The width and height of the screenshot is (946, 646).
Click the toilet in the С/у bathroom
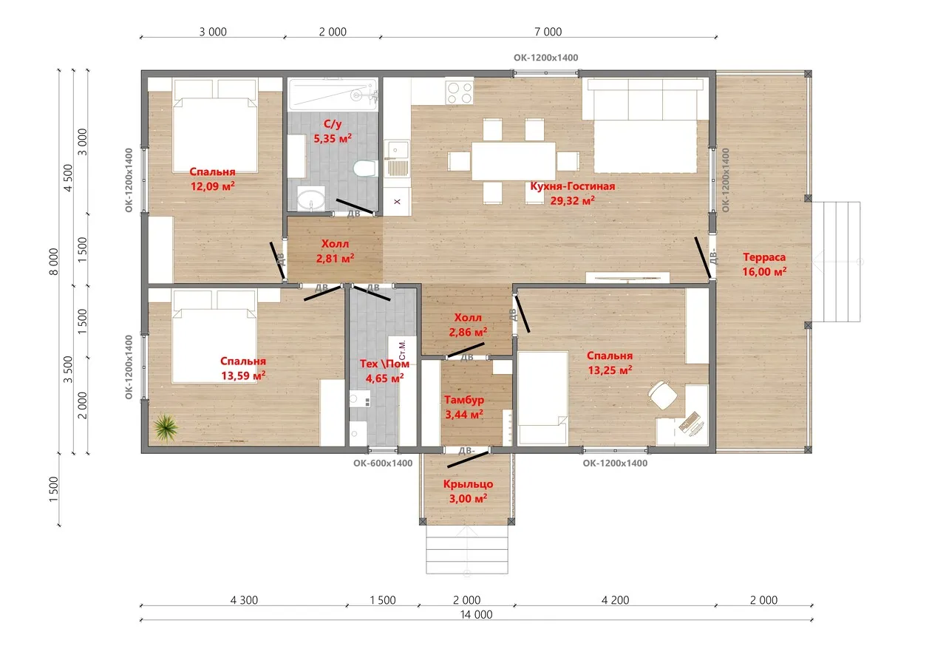(365, 169)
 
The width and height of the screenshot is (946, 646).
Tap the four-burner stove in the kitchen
(460, 93)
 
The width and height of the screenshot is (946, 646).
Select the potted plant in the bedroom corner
(166, 427)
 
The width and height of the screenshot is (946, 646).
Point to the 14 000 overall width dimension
(476, 614)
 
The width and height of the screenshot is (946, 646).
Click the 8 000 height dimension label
(54, 262)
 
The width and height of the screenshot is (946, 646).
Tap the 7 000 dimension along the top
(548, 32)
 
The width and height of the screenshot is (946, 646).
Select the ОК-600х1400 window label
(383, 463)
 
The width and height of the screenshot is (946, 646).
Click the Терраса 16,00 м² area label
(764, 265)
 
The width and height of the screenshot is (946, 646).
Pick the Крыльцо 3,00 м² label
(468, 491)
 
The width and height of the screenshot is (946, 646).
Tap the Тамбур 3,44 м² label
(464, 407)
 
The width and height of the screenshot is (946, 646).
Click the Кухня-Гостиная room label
(572, 186)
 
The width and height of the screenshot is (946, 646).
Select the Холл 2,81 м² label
(335, 251)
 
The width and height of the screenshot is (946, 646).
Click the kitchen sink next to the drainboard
(397, 149)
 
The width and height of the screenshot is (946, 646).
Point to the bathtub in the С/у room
(333, 95)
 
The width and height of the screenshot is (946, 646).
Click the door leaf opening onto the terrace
(703, 257)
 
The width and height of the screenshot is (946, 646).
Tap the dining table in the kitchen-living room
(513, 161)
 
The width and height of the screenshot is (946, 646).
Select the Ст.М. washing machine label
(401, 350)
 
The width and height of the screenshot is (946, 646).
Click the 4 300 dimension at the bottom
(244, 600)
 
